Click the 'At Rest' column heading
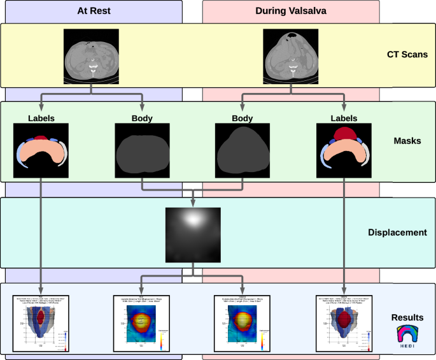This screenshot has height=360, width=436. coord(91,10)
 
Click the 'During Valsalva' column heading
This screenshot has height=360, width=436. coord(292,10)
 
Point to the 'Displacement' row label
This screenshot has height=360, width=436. coord(397,233)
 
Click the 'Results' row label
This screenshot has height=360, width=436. coord(408,317)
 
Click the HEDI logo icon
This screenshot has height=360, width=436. coord(407,338)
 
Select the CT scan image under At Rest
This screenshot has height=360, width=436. coord(92,55)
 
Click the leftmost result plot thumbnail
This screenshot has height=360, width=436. coord(41,322)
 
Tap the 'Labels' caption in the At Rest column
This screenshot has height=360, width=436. coord(41,118)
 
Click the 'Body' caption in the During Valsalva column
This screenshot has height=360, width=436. coord(242,118)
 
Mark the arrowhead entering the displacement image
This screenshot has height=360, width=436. coord(192,205)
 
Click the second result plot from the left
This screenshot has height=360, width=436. coord(141,322)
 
